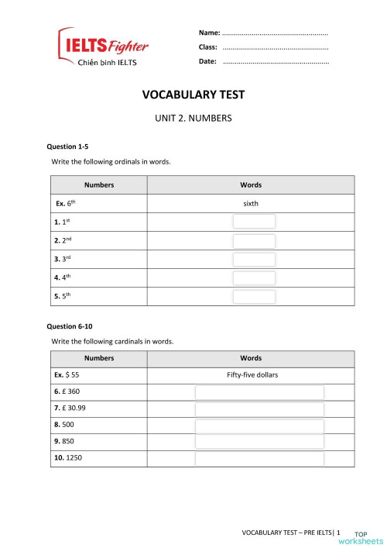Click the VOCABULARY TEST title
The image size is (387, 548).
pos(193,95)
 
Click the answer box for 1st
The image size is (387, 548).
pos(254,222)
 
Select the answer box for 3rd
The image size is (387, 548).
pos(254,259)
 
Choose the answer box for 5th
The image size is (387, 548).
pos(254,296)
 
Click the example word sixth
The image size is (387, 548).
pos(251,204)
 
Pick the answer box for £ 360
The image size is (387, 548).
pos(259,392)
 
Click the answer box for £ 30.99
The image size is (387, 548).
pos(259,409)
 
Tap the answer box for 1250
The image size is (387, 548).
pos(259,459)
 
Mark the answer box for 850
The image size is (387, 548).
pos(259,442)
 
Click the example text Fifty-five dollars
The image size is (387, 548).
pos(252,375)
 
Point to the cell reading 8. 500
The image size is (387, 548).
pos(67,425)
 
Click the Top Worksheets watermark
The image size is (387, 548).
pos(368,537)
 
